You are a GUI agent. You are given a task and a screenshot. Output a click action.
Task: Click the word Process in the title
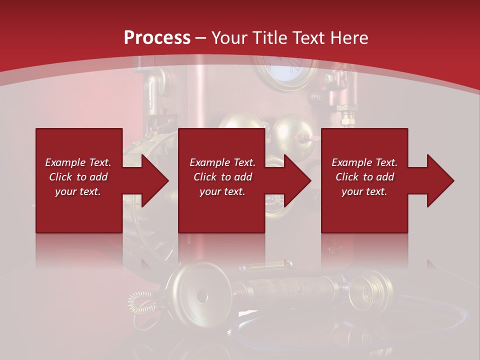pos(157,38)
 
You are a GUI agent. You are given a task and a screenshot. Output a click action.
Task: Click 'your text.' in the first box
pos(78,191)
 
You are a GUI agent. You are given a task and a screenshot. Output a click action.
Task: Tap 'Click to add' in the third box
pos(365,177)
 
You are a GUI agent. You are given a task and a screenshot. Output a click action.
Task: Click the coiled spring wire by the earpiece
pos(138,302)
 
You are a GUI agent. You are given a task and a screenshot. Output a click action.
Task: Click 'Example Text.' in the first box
pos(78,162)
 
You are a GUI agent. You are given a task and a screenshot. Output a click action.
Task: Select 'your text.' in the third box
pos(364,191)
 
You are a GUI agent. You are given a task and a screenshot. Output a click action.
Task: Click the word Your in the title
pos(229,38)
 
